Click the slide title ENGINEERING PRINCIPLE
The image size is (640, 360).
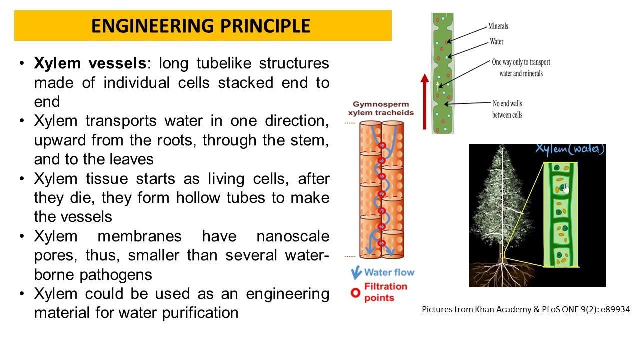point(201,26)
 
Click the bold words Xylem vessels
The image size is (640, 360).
point(90,64)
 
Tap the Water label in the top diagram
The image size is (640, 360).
point(496,42)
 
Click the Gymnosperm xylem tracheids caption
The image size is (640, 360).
point(381,108)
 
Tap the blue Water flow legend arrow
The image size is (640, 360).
point(356,273)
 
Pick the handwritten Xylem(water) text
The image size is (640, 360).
point(570,149)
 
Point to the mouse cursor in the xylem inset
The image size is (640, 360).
point(566,188)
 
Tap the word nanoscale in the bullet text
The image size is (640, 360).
point(293,236)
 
